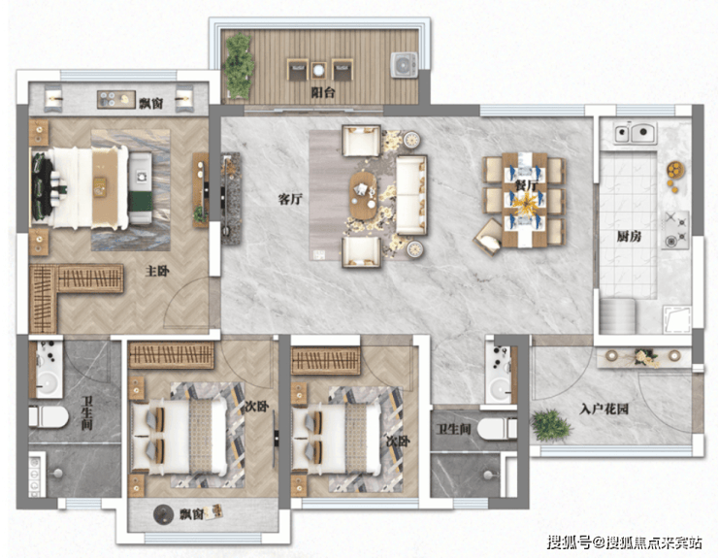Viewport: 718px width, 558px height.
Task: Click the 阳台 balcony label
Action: point(323,92)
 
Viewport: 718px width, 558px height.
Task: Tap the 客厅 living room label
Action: point(290,199)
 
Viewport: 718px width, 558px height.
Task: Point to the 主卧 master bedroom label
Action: point(157,271)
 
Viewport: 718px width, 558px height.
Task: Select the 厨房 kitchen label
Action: point(629,237)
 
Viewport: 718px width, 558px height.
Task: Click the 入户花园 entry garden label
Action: point(604,409)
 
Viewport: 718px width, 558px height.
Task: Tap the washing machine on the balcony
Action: point(404,65)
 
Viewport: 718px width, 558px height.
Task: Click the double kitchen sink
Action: point(636,132)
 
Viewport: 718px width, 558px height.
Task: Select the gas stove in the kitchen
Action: point(675,230)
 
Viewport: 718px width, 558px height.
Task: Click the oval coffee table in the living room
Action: point(364,196)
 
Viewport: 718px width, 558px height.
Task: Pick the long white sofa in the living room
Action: point(411,195)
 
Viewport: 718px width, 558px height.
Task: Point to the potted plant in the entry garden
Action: point(551,426)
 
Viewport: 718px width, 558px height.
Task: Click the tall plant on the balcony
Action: point(239,66)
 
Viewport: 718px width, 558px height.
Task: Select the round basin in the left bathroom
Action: point(48,383)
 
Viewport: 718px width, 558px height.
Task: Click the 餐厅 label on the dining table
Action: point(526,186)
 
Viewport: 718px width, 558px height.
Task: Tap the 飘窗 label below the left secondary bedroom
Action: point(191,514)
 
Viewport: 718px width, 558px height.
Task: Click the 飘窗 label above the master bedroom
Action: point(151,103)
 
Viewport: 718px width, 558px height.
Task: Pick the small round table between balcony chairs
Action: point(318,70)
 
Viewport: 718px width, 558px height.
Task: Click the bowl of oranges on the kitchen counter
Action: point(675,171)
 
